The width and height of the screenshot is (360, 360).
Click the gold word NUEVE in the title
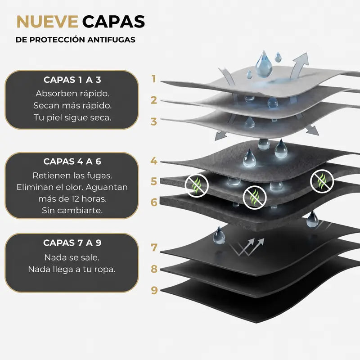[47, 22]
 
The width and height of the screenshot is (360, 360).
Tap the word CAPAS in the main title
[113, 22]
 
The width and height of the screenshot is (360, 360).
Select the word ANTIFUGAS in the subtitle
[111, 40]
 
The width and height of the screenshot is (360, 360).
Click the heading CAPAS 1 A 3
[72, 80]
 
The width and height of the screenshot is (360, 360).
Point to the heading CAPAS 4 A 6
[72, 162]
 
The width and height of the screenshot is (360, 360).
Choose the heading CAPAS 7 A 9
[72, 243]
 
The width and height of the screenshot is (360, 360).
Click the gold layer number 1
[154, 79]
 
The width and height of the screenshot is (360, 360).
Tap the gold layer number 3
[154, 121]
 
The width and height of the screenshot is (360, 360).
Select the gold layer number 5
[154, 181]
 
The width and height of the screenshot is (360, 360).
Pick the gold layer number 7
[154, 247]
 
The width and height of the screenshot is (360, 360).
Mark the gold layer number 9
[154, 290]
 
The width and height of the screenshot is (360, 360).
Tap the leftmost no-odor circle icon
[197, 185]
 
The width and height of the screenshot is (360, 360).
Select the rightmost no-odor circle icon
[322, 181]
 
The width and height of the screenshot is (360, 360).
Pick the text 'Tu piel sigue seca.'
[72, 117]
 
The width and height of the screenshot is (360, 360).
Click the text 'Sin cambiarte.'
[72, 210]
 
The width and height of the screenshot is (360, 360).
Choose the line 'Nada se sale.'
[72, 257]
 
